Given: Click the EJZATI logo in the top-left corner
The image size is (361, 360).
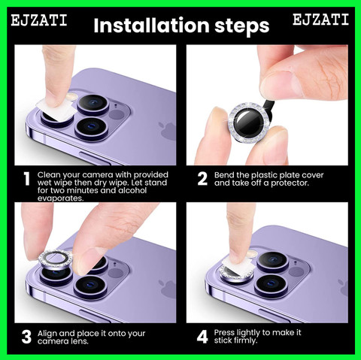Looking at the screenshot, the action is pos(39,20).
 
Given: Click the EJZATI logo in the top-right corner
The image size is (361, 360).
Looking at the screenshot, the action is pos(321,20).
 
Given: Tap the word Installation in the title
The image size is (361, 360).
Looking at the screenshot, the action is pos(151,26).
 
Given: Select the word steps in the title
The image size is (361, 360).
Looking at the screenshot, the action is pos(242,26).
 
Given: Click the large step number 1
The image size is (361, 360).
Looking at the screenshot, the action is pos(26,179).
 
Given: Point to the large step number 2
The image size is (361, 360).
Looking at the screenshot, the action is pos(202,179).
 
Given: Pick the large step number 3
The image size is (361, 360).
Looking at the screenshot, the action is pos(26,337).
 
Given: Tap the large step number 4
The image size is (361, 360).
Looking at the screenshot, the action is pos(202,337).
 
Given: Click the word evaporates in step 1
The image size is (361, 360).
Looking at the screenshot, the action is pos(60,198).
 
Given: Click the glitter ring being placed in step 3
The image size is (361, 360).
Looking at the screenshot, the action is pos(56,259).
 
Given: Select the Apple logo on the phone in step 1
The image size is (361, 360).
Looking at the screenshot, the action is pos(168,131).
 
